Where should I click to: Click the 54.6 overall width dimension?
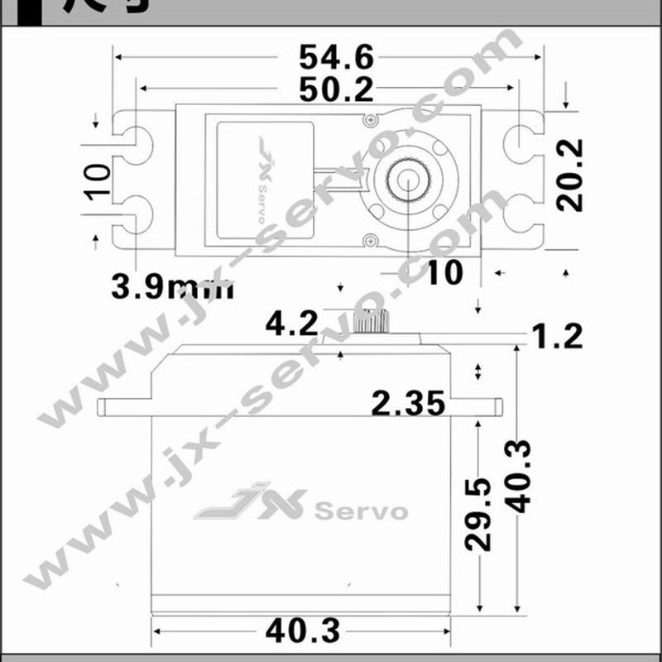point(336,57)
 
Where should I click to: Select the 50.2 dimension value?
point(336,89)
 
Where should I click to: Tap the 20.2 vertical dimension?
point(570,175)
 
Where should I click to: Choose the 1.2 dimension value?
point(556,336)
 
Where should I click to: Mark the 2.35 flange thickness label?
point(409,403)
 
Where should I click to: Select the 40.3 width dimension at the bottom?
point(303,631)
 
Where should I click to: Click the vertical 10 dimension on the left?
point(98,180)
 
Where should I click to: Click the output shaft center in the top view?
point(409,177)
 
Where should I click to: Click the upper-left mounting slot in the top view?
point(132,142)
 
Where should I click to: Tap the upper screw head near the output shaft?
point(370,120)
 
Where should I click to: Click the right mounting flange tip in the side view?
point(500,405)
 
